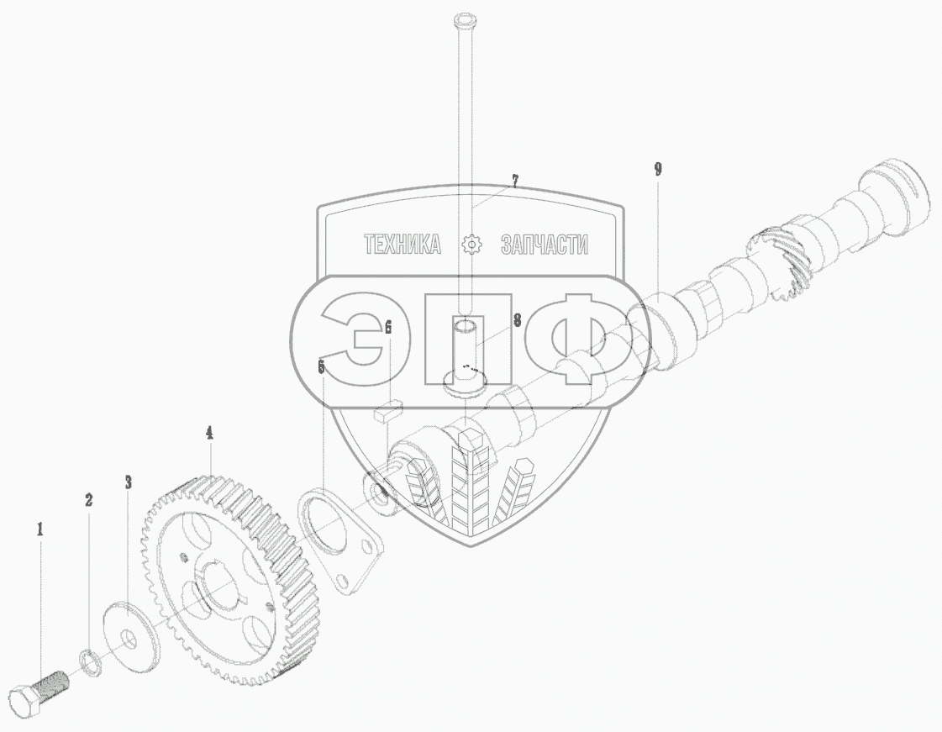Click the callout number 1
[x=40, y=529]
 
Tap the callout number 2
[x=89, y=500]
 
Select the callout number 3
[x=128, y=482]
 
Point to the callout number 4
[x=209, y=432]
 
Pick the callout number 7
[x=515, y=180]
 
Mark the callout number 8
[x=518, y=320]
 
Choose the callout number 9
[x=658, y=169]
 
